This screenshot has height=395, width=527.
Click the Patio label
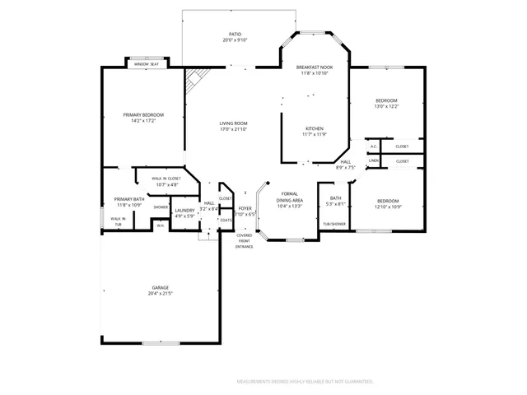tap(236, 34)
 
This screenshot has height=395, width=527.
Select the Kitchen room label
tap(315, 128)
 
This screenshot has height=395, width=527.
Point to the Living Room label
tap(233, 123)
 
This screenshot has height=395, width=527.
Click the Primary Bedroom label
tap(143, 114)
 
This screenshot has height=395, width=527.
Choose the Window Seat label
tap(147, 63)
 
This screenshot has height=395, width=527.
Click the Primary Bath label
tap(129, 199)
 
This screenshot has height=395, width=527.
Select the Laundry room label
tap(184, 211)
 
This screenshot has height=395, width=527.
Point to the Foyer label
tap(245, 209)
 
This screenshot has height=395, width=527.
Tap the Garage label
tap(160, 287)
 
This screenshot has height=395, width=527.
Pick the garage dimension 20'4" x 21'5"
tap(160, 293)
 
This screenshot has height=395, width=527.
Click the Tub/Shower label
tap(335, 224)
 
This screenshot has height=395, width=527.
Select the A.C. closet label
tap(374, 146)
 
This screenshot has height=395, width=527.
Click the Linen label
tap(374, 161)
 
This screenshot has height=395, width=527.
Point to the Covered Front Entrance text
tap(245, 242)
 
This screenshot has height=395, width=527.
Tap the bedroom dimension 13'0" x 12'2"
tap(386, 105)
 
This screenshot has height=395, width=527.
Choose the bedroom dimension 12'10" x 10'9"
tap(388, 206)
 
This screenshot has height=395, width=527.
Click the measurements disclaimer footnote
tap(305, 382)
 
